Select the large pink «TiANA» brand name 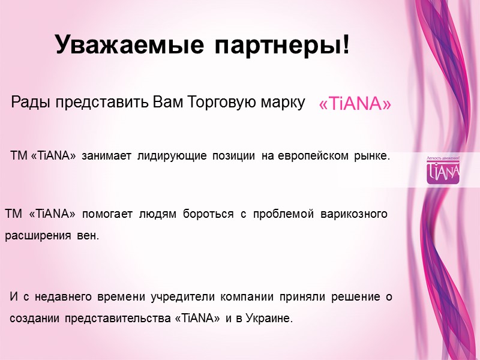tap(355, 104)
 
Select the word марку tap(282, 103)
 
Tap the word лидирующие tap(171, 157)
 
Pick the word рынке tap(371, 157)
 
